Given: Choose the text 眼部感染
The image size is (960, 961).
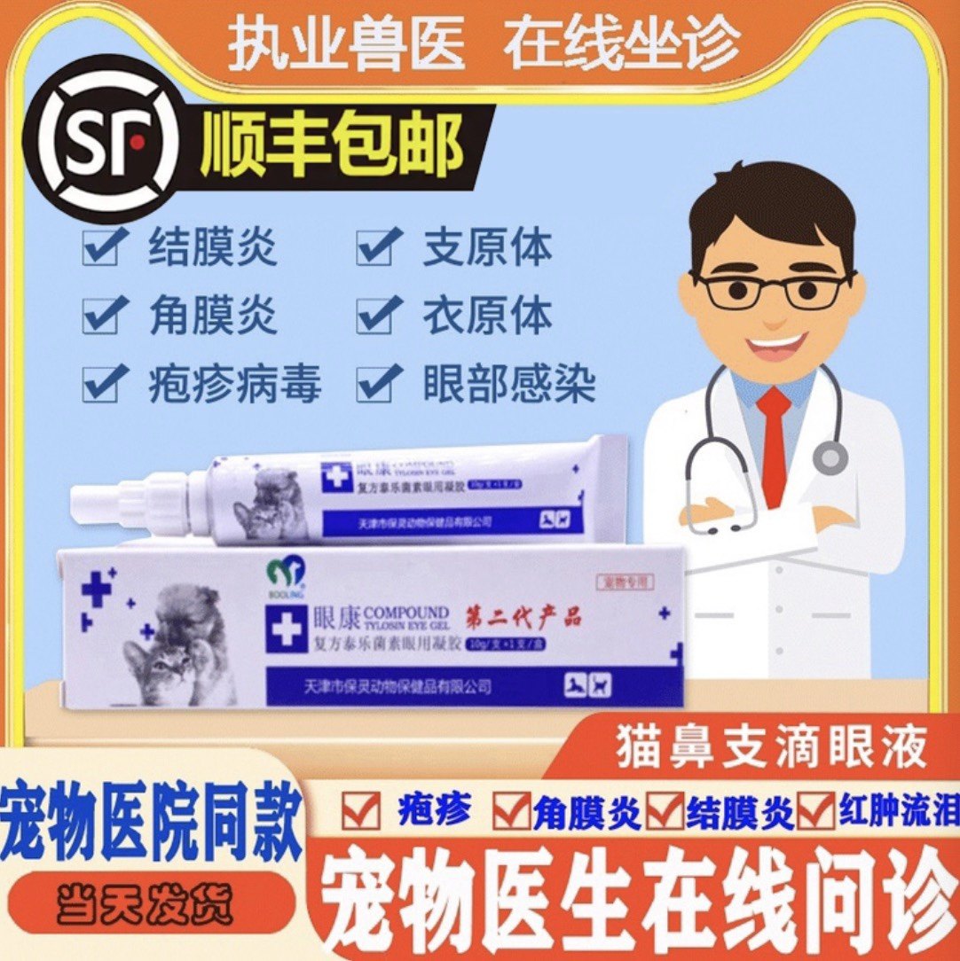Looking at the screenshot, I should pyautogui.click(x=509, y=385).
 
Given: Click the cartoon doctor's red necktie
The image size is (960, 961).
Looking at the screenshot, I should pyautogui.click(x=774, y=443).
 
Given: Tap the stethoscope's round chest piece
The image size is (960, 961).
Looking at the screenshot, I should pyautogui.click(x=830, y=457).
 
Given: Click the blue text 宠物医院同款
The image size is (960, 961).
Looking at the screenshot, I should pyautogui.click(x=152, y=819).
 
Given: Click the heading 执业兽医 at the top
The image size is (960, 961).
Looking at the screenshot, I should pyautogui.click(x=347, y=44).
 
